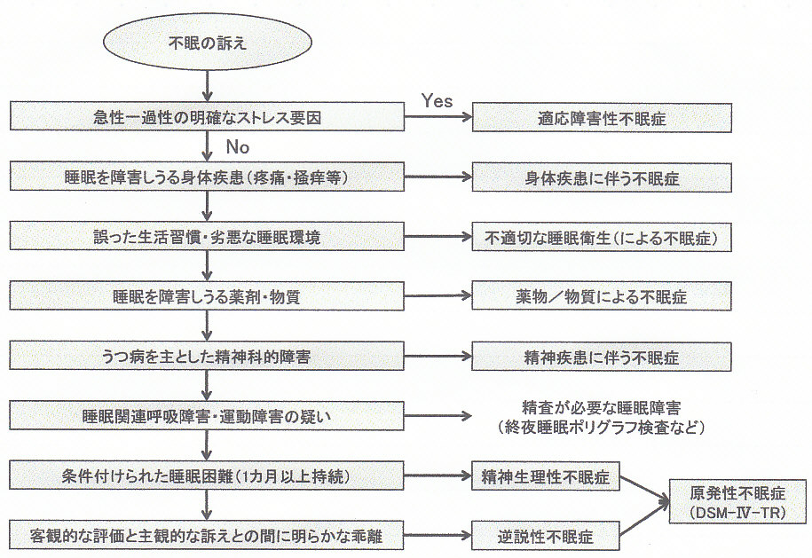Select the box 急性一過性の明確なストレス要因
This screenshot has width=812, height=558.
pyautogui.click(x=208, y=117)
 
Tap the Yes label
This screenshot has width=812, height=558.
pyautogui.click(x=437, y=100)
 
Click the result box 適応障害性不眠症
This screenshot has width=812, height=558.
pyautogui.click(x=603, y=117)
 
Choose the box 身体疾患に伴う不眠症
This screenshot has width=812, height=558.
pyautogui.click(x=603, y=177)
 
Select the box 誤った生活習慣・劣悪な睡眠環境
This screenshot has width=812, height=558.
pyautogui.click(x=208, y=237)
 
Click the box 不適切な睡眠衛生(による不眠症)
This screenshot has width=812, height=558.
pyautogui.click(x=603, y=237)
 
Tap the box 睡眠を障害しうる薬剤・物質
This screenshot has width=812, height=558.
pyautogui.click(x=208, y=296)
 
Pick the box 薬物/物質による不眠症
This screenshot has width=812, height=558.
pyautogui.click(x=603, y=296)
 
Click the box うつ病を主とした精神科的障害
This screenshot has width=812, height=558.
pyautogui.click(x=208, y=357)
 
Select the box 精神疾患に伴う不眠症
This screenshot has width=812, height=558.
pyautogui.click(x=603, y=357)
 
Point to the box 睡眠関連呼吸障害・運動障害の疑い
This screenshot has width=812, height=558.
pyautogui.click(x=208, y=416)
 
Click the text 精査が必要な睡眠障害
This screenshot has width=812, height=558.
pyautogui.click(x=603, y=408)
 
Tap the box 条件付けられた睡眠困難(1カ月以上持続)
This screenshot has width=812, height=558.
pyautogui.click(x=208, y=476)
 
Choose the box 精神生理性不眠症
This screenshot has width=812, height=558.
pyautogui.click(x=546, y=476)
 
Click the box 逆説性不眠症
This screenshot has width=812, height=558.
pyautogui.click(x=546, y=536)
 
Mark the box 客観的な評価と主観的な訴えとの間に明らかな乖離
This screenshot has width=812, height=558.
pyautogui.click(x=208, y=536)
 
